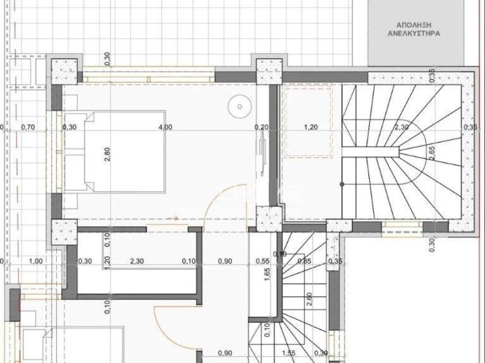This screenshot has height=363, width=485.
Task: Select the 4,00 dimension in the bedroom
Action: [x=166, y=127]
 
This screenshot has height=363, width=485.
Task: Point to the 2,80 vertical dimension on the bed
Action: [x=107, y=155]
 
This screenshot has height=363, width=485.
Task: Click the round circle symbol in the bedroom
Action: [x=239, y=106]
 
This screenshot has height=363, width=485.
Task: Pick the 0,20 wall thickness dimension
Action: [x=261, y=127]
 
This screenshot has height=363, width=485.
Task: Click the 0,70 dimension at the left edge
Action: [x=29, y=127]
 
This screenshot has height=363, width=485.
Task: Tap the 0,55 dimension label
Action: [x=262, y=260]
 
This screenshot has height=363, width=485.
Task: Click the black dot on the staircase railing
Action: [x=341, y=183]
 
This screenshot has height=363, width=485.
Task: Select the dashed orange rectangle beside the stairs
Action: [x=308, y=121]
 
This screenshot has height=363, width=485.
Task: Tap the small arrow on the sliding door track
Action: [x=175, y=218]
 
